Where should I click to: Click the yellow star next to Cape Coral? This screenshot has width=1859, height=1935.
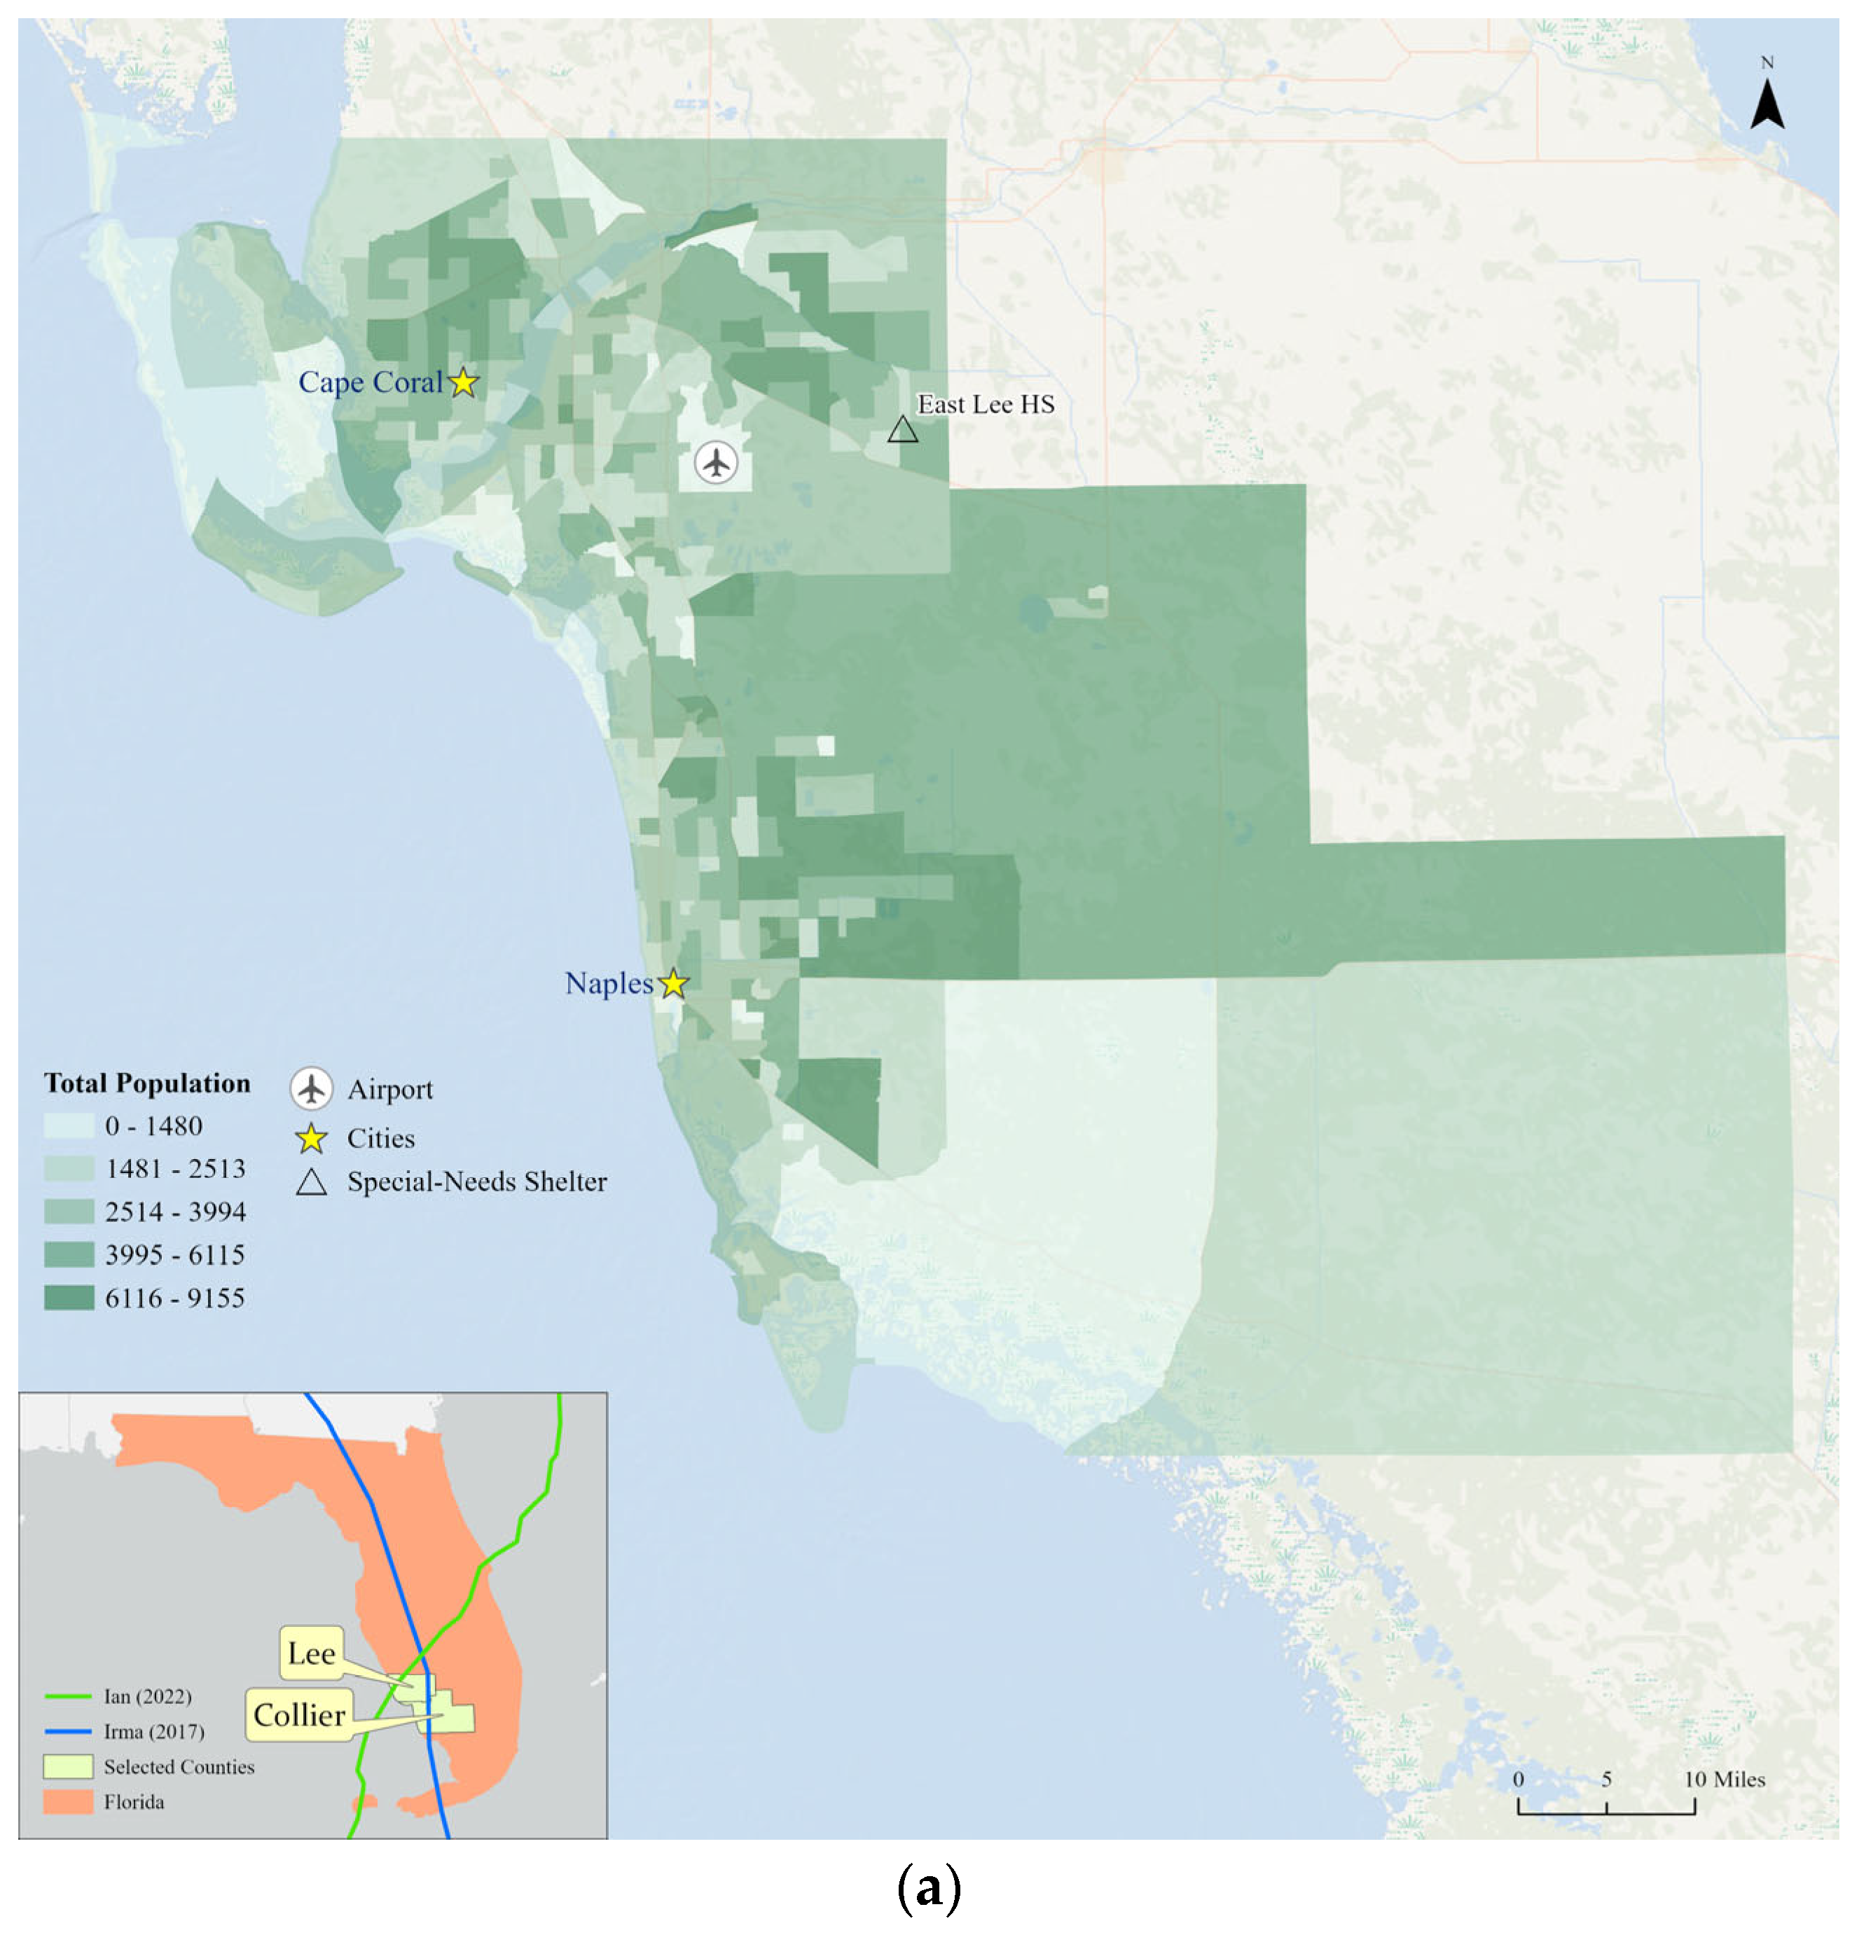[x=463, y=382]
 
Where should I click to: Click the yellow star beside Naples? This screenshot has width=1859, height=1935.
[x=673, y=983]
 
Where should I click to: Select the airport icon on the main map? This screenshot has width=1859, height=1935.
[x=716, y=462]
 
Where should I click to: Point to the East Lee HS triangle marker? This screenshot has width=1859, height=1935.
[x=902, y=431]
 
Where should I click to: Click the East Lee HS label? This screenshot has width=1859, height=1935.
[x=986, y=405]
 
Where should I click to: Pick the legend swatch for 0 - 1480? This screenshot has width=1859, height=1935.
[x=69, y=1125]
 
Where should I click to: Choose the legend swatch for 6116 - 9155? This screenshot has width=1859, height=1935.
[x=69, y=1297]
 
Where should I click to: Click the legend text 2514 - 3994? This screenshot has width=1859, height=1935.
[x=174, y=1212]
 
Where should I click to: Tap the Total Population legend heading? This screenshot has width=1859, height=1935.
[x=147, y=1083]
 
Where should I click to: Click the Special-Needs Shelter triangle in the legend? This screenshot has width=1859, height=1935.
[x=311, y=1183]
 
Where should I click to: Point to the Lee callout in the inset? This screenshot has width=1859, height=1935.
[x=311, y=1653]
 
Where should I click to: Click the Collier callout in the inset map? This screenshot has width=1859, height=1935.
[x=299, y=1715]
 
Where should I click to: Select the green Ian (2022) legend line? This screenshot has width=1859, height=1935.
[x=68, y=1696]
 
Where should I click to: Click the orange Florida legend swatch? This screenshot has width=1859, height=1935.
[x=68, y=1802]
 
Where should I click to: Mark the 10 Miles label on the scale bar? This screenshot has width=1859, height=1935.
[x=1724, y=1779]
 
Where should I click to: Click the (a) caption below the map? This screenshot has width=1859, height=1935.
[x=928, y=1889]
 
